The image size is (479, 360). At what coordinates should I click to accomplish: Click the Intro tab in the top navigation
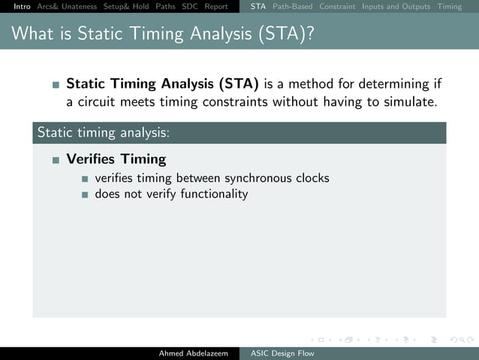[17, 7]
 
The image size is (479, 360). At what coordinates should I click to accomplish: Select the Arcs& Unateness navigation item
[67, 7]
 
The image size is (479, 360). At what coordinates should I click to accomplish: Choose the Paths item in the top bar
[165, 7]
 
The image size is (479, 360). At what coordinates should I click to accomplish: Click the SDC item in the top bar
[190, 7]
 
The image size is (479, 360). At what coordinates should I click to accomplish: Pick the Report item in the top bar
[216, 7]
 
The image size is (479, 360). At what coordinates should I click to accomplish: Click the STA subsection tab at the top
[258, 7]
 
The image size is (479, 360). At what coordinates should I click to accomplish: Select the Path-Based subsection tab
[292, 7]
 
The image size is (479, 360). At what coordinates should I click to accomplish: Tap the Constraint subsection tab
[337, 7]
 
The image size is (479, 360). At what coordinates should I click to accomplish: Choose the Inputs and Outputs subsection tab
[396, 7]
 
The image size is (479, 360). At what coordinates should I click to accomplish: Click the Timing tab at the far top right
[450, 7]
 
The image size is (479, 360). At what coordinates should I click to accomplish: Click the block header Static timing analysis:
[104, 132]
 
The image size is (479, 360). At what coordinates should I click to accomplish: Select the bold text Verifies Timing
[116, 159]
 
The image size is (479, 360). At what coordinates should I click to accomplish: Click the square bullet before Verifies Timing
[56, 160]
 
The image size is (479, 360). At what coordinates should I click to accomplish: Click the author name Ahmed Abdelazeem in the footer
[193, 353]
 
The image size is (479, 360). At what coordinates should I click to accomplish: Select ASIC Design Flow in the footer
[283, 353]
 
